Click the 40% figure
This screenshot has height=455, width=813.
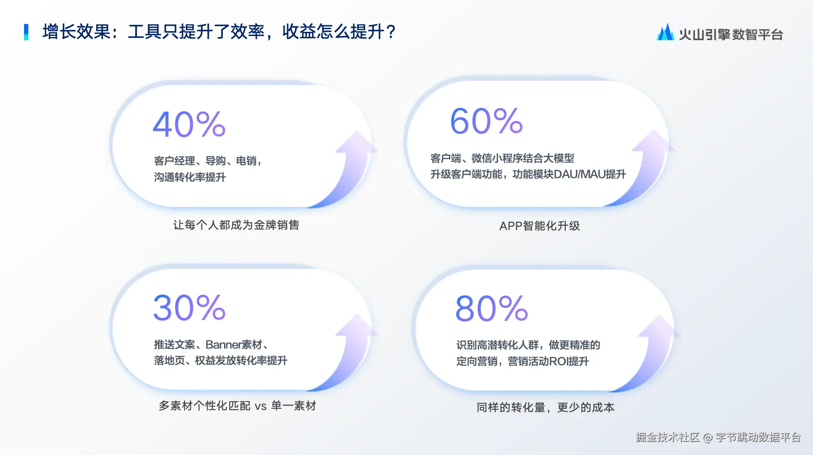pos(189,124)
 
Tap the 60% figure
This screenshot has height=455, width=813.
pos(486,121)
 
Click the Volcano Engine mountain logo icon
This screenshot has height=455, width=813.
pos(665,32)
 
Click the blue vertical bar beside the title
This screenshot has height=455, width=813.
pos(26,32)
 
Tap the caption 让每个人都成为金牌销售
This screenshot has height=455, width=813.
pos(236,225)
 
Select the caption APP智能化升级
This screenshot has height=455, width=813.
pos(540,226)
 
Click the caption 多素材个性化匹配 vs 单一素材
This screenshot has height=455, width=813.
pos(237,406)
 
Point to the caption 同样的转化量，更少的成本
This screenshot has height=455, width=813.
pos(545,407)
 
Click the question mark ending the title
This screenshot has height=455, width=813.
pos(391,32)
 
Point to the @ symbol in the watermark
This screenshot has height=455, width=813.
pos(708,437)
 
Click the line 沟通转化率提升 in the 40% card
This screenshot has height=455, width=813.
pos(190,177)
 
